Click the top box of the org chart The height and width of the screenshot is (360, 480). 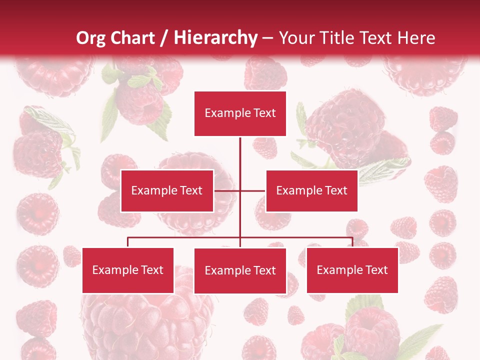(x=240, y=113)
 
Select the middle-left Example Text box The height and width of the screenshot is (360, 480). (x=167, y=190)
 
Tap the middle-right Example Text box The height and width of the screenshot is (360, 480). (x=311, y=190)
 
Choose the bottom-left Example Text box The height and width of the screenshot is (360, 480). (x=128, y=270)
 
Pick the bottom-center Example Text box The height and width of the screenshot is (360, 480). (x=240, y=270)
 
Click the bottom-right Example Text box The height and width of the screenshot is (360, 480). (x=352, y=270)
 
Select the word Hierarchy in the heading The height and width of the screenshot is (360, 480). (x=215, y=38)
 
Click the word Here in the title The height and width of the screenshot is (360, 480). (x=416, y=38)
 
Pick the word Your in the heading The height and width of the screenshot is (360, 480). (x=296, y=38)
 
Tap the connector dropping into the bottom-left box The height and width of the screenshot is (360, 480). (x=128, y=242)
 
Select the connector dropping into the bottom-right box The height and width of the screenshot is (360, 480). (x=352, y=242)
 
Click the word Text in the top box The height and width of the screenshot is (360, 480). (x=264, y=113)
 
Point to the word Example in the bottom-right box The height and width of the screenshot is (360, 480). (x=338, y=270)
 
